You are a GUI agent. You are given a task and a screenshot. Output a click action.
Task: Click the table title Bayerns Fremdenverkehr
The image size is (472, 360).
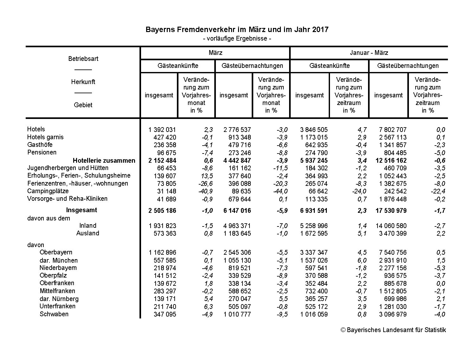(237, 30)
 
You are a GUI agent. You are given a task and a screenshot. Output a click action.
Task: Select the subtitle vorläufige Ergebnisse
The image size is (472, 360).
(237, 39)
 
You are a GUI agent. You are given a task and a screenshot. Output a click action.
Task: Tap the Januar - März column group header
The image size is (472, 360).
(369, 53)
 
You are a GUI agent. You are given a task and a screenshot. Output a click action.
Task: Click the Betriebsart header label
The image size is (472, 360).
(83, 59)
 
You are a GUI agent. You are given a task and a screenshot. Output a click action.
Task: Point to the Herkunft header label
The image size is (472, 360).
(83, 82)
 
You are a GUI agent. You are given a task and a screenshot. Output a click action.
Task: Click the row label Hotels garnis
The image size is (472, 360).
(45, 137)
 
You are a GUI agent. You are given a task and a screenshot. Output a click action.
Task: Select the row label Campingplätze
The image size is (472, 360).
(48, 191)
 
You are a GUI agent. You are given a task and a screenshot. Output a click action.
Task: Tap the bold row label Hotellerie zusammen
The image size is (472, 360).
(104, 160)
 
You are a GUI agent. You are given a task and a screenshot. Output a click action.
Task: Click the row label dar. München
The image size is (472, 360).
(59, 260)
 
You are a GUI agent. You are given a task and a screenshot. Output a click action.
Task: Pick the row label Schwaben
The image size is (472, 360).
(54, 314)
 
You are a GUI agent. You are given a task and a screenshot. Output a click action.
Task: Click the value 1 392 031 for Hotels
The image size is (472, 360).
(162, 130)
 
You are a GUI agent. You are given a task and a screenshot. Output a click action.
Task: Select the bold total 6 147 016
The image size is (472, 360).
(237, 211)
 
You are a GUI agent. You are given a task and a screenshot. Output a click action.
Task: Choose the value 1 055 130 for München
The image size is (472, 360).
(237, 260)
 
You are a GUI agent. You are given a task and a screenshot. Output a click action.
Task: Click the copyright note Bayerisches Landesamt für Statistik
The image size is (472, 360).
(393, 330)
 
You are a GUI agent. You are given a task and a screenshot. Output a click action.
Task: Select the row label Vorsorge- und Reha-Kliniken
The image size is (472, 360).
(67, 199)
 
